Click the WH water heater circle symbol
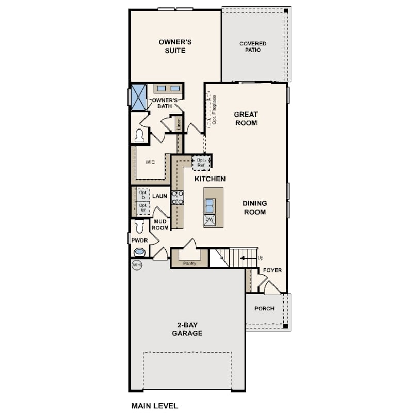click(x=137, y=265)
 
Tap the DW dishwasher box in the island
click(x=210, y=220)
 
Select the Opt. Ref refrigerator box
click(x=201, y=163)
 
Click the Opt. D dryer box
click(x=143, y=195)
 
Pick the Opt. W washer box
click(x=143, y=207)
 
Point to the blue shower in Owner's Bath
click(x=139, y=97)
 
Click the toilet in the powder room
click(x=139, y=226)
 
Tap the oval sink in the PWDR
click(x=139, y=252)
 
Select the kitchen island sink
click(x=210, y=206)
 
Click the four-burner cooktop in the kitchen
click(x=178, y=198)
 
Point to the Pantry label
click(x=189, y=263)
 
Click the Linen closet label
click(x=179, y=124)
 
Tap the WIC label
click(x=150, y=162)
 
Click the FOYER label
click(x=272, y=270)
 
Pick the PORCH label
click(x=264, y=309)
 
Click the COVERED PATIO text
click(x=253, y=46)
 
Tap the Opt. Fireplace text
click(x=214, y=110)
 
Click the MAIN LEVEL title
click(x=155, y=406)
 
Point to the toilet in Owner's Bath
click(x=139, y=136)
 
